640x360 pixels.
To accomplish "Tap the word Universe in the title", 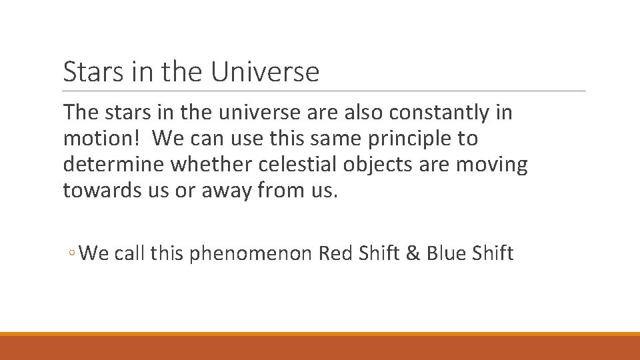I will pos(265,71).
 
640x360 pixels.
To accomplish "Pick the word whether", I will pos(198,165).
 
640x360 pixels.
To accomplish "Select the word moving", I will pos(492,165).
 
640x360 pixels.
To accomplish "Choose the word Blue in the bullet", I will pos(444,254).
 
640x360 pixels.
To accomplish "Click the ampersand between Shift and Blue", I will pos(413,254).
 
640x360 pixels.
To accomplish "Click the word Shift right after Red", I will pos(379,254).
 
